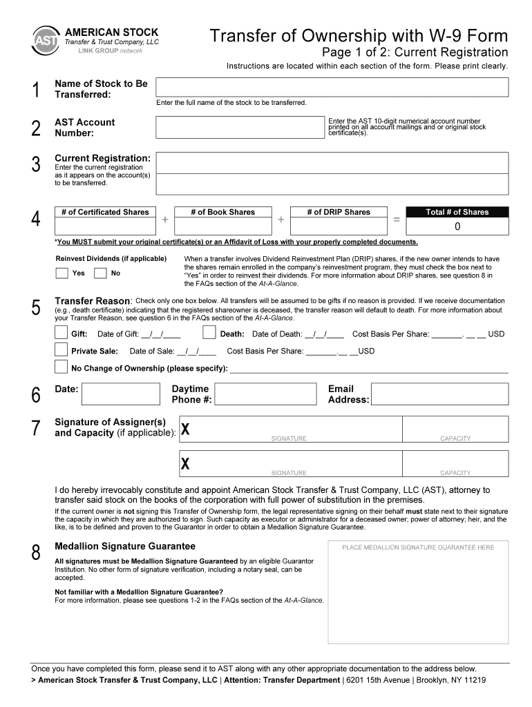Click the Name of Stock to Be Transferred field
tap(332, 87)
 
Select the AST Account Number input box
tap(240, 127)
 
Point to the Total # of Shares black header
tap(457, 212)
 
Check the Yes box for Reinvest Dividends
tap(61, 273)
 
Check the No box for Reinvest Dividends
tap(100, 273)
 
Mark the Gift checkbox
tap(61, 333)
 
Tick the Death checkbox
tap(209, 333)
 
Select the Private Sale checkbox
tap(61, 350)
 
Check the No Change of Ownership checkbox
tap(61, 367)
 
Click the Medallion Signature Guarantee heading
tap(125, 546)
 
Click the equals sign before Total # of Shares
tap(397, 220)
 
